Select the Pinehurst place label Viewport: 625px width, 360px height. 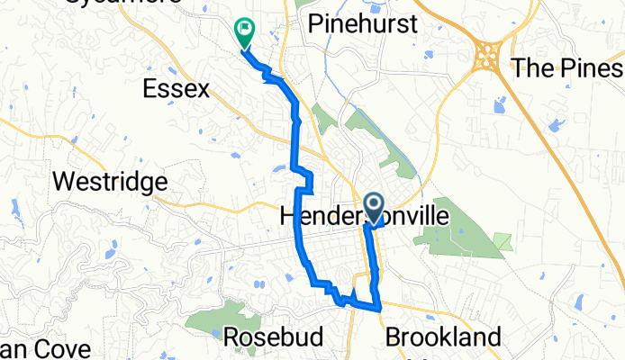click(363, 23)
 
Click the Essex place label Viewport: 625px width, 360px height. click(177, 89)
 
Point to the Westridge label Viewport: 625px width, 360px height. click(110, 182)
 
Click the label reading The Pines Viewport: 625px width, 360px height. click(566, 67)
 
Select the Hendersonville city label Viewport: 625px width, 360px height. click(364, 217)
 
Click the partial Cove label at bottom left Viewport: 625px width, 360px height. click(45, 350)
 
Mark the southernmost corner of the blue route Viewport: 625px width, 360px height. click(379, 309)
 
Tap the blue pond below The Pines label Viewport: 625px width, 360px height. click(500, 107)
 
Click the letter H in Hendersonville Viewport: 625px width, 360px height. click(290, 217)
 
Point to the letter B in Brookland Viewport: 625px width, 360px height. click(394, 338)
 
